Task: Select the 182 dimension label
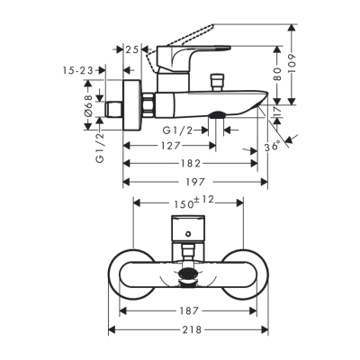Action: pyautogui.click(x=188, y=162)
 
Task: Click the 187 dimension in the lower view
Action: pyautogui.click(x=189, y=310)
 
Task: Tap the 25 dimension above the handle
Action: pyautogui.click(x=132, y=49)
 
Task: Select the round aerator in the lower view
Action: pyautogui.click(x=187, y=275)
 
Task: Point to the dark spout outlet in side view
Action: pyautogui.click(x=218, y=113)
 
